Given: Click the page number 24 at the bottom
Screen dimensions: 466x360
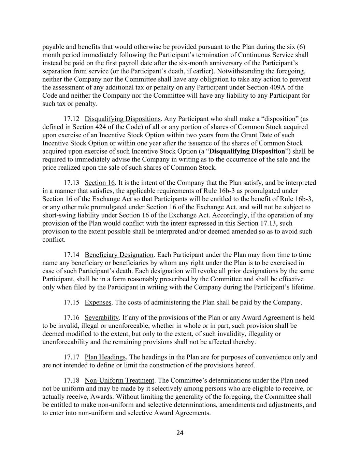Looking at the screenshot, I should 180,433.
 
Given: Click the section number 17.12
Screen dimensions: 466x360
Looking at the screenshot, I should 71,119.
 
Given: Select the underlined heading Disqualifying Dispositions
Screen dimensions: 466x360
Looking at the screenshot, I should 123,119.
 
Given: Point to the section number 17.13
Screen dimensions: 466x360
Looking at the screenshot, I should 71,183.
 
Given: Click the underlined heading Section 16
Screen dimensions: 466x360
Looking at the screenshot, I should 100,183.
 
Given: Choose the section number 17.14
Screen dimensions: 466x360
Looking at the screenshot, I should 71,255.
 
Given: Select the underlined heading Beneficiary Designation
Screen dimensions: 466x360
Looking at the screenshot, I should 119,255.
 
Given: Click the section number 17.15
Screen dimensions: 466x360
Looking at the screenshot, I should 71,302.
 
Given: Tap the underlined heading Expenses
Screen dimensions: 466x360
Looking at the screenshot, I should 98,302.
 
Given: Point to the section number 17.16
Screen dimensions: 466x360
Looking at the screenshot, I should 71,317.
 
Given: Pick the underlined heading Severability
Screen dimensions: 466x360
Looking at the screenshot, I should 102,317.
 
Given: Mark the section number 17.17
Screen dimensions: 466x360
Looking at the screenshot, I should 71,357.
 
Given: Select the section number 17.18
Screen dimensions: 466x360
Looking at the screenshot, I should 71,380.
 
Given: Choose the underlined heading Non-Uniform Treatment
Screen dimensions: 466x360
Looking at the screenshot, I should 119,380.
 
